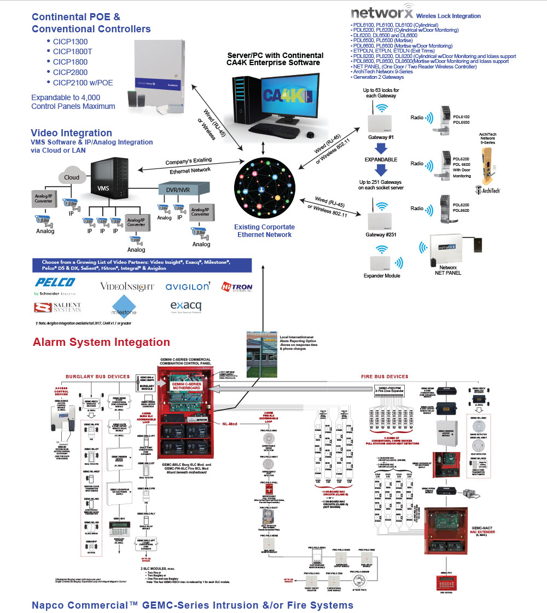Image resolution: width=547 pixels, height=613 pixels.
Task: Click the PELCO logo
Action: point(55,282)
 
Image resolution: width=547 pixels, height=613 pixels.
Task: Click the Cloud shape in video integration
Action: point(71,175)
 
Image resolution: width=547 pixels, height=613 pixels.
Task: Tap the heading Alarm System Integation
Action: point(101,342)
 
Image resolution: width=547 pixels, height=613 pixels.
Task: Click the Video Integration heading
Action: point(71,132)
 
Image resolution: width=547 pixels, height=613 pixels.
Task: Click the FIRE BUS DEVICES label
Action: point(385,377)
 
